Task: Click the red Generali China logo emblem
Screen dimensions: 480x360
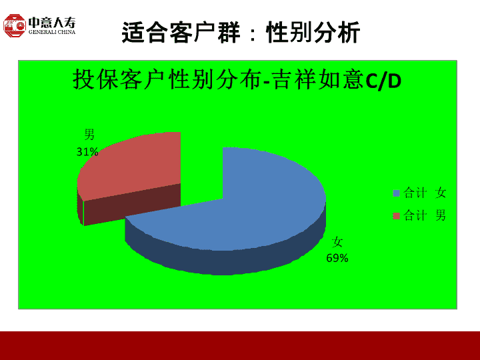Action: tap(15, 26)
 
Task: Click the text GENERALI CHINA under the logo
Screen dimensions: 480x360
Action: tap(52, 32)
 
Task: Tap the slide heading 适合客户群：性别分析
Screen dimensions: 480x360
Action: tap(241, 32)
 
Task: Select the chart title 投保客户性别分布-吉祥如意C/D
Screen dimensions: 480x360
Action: tap(237, 79)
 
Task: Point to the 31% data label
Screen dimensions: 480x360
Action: tap(87, 151)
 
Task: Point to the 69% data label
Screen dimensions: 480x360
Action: tap(337, 258)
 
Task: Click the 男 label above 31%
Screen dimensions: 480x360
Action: tap(89, 134)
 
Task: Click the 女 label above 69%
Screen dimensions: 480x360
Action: tap(337, 242)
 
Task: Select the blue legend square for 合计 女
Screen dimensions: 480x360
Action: tap(397, 193)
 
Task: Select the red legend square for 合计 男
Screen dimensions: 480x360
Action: tap(397, 216)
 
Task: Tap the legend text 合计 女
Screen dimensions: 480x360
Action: tap(425, 193)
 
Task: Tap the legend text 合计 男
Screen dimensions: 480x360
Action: tap(425, 215)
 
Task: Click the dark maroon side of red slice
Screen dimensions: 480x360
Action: tap(131, 205)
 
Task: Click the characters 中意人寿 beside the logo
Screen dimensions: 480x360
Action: tap(52, 23)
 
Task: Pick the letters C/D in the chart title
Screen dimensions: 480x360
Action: tap(383, 81)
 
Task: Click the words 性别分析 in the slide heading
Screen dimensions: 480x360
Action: tap(313, 32)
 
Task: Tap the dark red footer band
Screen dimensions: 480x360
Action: tap(240, 345)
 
